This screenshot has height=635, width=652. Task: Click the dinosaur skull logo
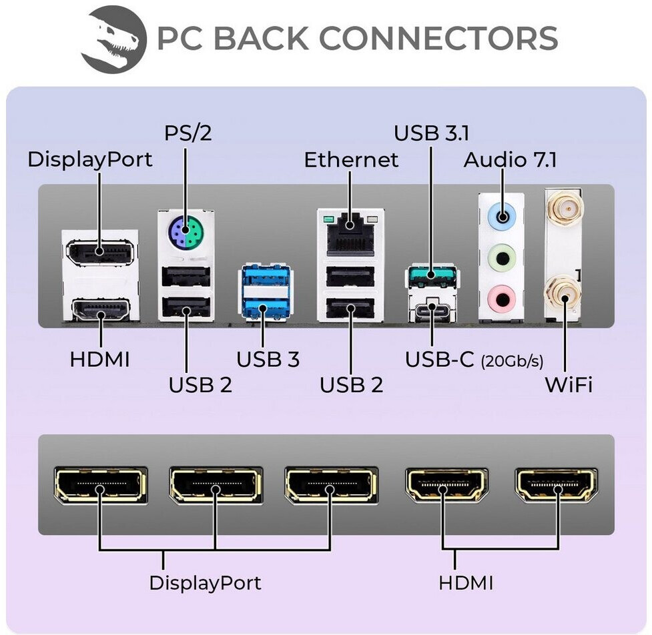[113, 39]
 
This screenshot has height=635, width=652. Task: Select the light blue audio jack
[502, 216]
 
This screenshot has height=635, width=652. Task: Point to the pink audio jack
[502, 298]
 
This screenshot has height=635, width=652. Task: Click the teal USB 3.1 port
[431, 275]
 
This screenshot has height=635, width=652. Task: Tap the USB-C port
[432, 307]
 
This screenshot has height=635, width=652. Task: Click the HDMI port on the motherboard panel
[101, 309]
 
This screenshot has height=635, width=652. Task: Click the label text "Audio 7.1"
[511, 159]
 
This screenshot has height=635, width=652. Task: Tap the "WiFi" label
[569, 384]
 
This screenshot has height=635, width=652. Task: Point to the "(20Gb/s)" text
[512, 361]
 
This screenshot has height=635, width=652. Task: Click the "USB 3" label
[268, 360]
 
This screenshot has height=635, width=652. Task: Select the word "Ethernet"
[352, 159]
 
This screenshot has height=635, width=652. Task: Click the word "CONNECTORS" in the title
[438, 38]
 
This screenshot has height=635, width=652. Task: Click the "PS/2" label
[188, 133]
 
